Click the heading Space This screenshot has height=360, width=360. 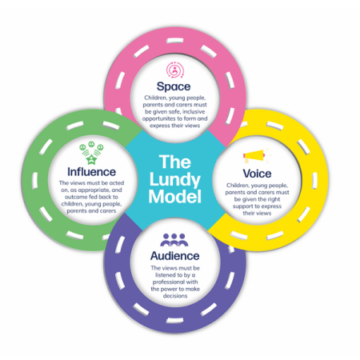[174, 86]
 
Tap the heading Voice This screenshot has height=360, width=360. [257, 174]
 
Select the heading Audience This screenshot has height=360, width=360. [175, 256]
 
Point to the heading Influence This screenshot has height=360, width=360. [91, 172]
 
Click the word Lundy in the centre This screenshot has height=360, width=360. [175, 180]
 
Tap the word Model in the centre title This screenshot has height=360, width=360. [175, 197]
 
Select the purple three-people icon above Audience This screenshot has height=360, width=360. [174, 240]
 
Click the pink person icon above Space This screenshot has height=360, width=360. [175, 70]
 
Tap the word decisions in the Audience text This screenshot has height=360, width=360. [175, 296]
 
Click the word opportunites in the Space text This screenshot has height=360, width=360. [159, 118]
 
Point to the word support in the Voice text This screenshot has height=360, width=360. [242, 206]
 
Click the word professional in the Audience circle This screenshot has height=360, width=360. [168, 282]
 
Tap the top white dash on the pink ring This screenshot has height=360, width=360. [175, 41]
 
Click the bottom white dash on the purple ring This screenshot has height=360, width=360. [175, 320]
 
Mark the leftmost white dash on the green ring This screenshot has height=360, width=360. [35, 181]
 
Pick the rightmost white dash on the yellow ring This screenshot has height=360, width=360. [315, 181]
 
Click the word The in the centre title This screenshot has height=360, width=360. [175, 162]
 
